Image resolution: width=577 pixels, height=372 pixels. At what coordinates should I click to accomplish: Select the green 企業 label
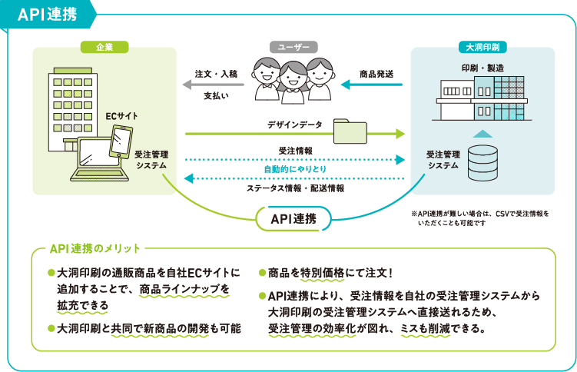[x=104, y=47]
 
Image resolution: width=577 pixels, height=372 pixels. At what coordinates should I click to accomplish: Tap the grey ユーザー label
[x=293, y=47]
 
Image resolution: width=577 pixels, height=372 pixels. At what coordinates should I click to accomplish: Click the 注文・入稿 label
[x=217, y=74]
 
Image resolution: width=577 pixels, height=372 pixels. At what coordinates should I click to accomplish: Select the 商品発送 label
[x=376, y=74]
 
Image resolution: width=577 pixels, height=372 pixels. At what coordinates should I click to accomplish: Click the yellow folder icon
[x=351, y=131]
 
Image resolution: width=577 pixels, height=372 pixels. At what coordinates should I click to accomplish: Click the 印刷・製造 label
[x=482, y=68]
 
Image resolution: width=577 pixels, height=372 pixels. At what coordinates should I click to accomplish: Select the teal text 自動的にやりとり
[x=294, y=168]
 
